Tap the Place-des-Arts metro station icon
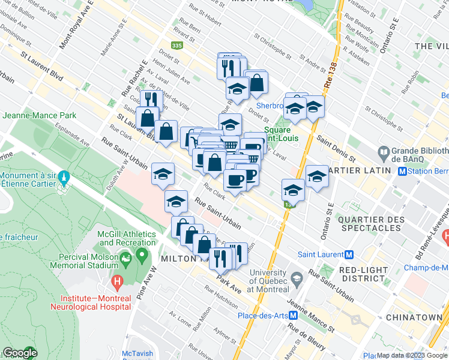point(294,315)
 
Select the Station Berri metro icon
point(404,172)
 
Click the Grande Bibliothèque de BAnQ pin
point(382,152)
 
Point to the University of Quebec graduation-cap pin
point(297,278)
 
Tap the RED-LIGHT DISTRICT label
point(363,274)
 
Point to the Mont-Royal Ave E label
point(70,31)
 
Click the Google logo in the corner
point(20,353)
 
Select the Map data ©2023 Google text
point(412,355)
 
